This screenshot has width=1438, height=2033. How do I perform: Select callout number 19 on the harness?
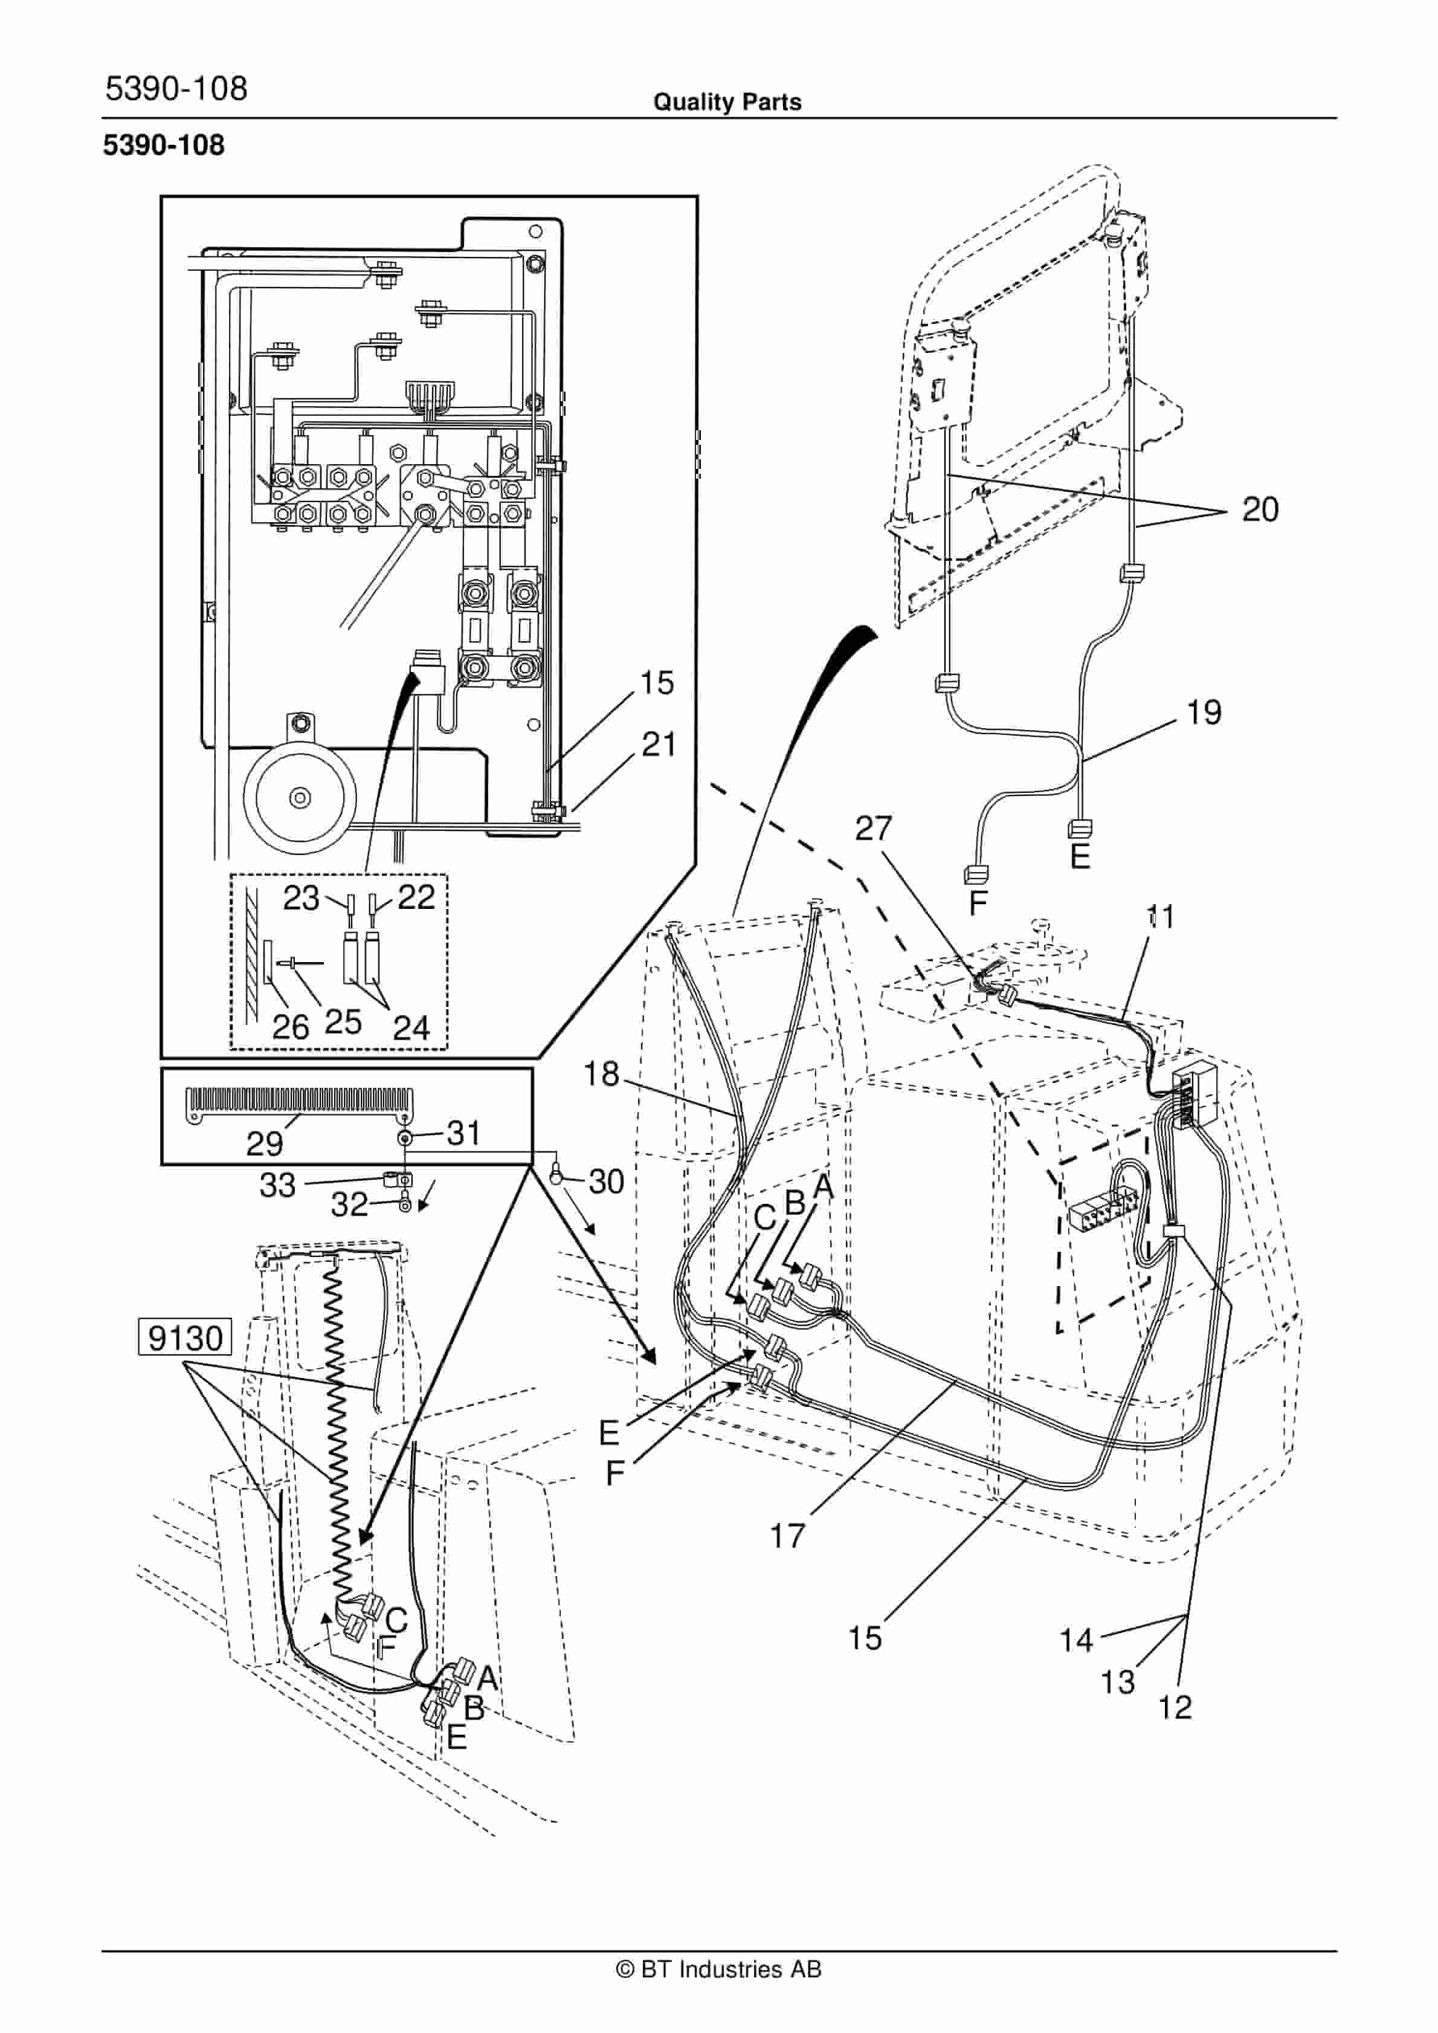(x=1204, y=712)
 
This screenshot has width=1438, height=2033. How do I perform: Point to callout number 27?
(x=873, y=828)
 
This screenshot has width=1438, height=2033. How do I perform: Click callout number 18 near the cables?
(x=601, y=1074)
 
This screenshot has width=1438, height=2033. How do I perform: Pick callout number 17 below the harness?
(x=787, y=1536)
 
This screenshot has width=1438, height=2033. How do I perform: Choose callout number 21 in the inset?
(x=659, y=745)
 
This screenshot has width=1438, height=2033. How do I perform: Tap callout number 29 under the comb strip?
(x=264, y=1144)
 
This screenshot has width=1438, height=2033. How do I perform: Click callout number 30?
(x=607, y=1181)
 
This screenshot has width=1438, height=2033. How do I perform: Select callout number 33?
(x=277, y=1185)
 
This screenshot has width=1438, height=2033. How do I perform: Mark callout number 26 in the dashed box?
(x=291, y=1027)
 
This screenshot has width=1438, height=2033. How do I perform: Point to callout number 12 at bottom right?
(x=1175, y=1707)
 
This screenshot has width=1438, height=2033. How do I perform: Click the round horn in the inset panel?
(x=300, y=797)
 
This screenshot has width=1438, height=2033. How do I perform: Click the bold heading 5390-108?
(x=164, y=145)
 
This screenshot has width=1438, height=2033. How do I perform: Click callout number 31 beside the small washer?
(x=463, y=1133)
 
